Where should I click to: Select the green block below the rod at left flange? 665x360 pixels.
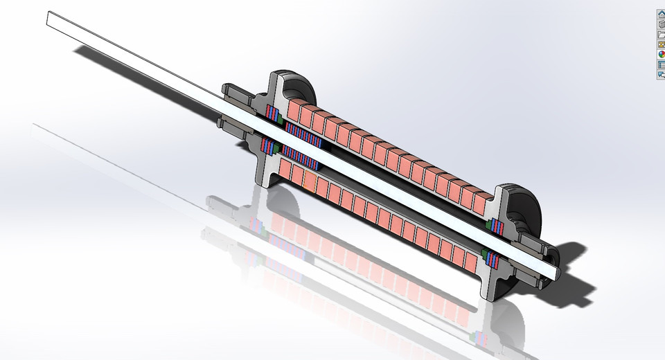tap(276, 148)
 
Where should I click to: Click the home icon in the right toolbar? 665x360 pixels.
tap(661, 14)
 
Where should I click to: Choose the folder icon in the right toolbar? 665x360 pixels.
tap(661, 34)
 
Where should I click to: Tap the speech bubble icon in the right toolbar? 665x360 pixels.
tap(661, 74)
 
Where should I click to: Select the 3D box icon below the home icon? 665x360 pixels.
tap(661, 24)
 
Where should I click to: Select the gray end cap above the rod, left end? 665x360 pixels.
tap(236, 92)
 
